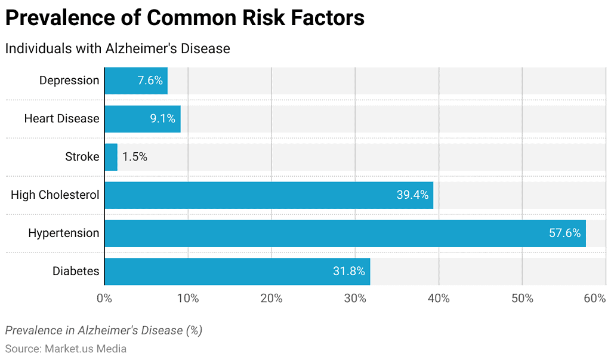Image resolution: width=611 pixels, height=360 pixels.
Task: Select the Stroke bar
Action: [x=111, y=157]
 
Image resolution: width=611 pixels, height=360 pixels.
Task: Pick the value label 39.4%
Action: [x=412, y=195]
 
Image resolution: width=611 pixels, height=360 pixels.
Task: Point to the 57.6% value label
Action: [x=564, y=233]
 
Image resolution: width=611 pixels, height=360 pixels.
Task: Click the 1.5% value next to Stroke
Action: [x=134, y=157]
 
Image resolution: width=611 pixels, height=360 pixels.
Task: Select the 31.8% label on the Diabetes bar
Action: [x=349, y=272]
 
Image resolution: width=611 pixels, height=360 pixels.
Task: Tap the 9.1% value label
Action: [x=162, y=119]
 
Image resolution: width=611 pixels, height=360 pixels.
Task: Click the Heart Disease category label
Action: [x=61, y=119]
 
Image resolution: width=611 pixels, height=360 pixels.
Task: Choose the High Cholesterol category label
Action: [x=55, y=195]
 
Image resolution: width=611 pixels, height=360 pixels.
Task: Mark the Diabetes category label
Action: [x=76, y=272]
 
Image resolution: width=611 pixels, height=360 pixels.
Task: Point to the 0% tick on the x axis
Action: [x=104, y=299]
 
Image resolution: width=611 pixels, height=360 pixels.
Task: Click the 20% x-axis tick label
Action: [x=271, y=299]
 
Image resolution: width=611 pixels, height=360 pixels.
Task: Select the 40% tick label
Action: [x=439, y=299]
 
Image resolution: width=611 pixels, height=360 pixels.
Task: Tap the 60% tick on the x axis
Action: [x=595, y=299]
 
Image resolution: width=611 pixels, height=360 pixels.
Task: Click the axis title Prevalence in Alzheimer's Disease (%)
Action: [x=103, y=330]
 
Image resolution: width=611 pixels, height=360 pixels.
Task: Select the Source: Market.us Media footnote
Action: [x=66, y=349]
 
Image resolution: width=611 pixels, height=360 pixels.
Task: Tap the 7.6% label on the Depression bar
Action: [x=150, y=81]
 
